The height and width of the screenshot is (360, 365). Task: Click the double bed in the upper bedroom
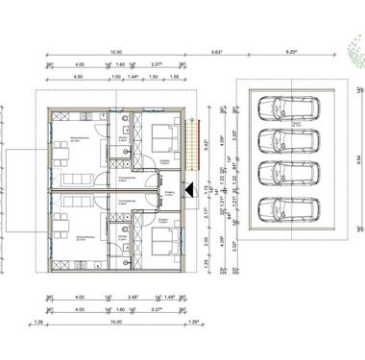(158, 136)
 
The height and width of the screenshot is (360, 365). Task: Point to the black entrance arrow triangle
(194, 188)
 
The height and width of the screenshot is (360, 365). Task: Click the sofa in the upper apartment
(74, 180)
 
